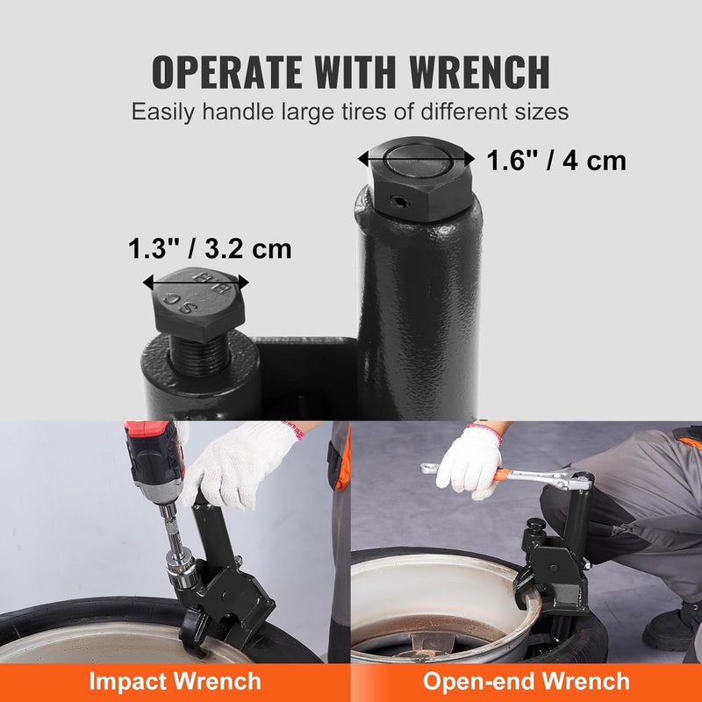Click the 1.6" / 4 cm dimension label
[x=556, y=161]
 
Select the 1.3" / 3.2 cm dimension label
[x=210, y=248]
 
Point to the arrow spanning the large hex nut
[x=417, y=159]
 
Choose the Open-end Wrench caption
[x=526, y=681]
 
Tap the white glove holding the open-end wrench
[x=469, y=461]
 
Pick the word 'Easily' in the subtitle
[x=161, y=112]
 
